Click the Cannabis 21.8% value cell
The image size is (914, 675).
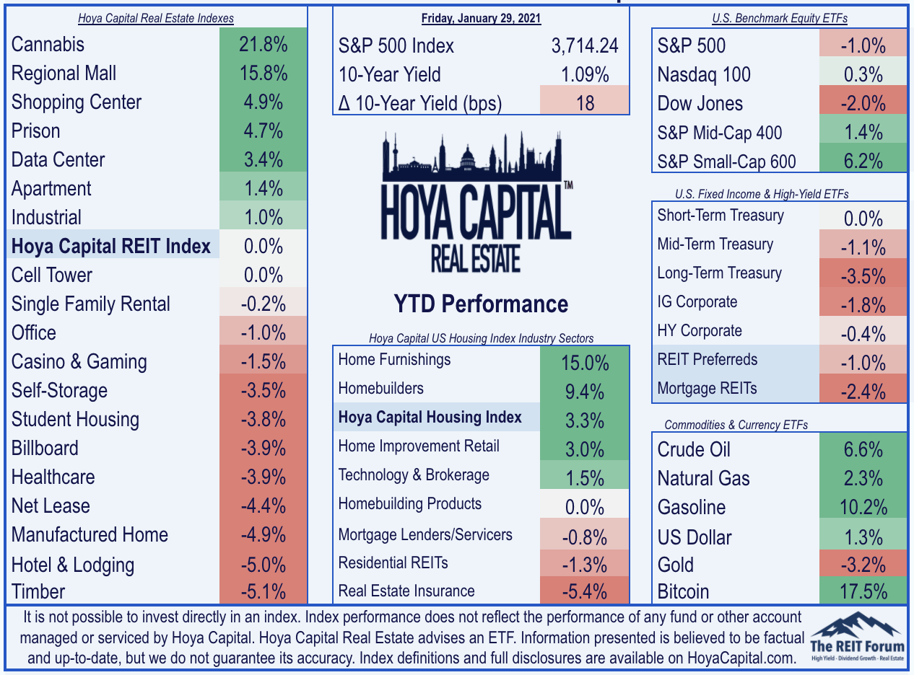coord(263,44)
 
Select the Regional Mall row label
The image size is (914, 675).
coord(64,74)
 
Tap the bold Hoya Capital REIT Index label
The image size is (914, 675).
coord(111,246)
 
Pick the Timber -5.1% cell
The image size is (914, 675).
coord(263,591)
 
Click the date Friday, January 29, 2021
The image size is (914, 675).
coord(481,19)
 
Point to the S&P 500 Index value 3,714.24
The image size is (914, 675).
coord(585,45)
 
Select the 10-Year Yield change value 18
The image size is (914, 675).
coord(585,103)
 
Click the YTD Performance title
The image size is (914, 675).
coord(481,304)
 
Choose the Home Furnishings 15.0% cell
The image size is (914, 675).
coord(585,362)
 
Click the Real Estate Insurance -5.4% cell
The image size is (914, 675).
coord(585,591)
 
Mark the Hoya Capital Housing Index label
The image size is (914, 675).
coord(430,417)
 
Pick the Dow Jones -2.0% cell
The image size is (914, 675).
coord(863,103)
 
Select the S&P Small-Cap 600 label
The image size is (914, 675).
coord(726,162)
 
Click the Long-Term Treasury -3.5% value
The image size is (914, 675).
coord(863,275)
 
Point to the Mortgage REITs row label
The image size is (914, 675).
coord(707,388)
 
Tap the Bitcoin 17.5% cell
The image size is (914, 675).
coord(863,591)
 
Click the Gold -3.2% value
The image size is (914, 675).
coord(863,564)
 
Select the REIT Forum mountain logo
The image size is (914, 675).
coord(857,637)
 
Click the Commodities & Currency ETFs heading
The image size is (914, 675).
coord(736,425)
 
